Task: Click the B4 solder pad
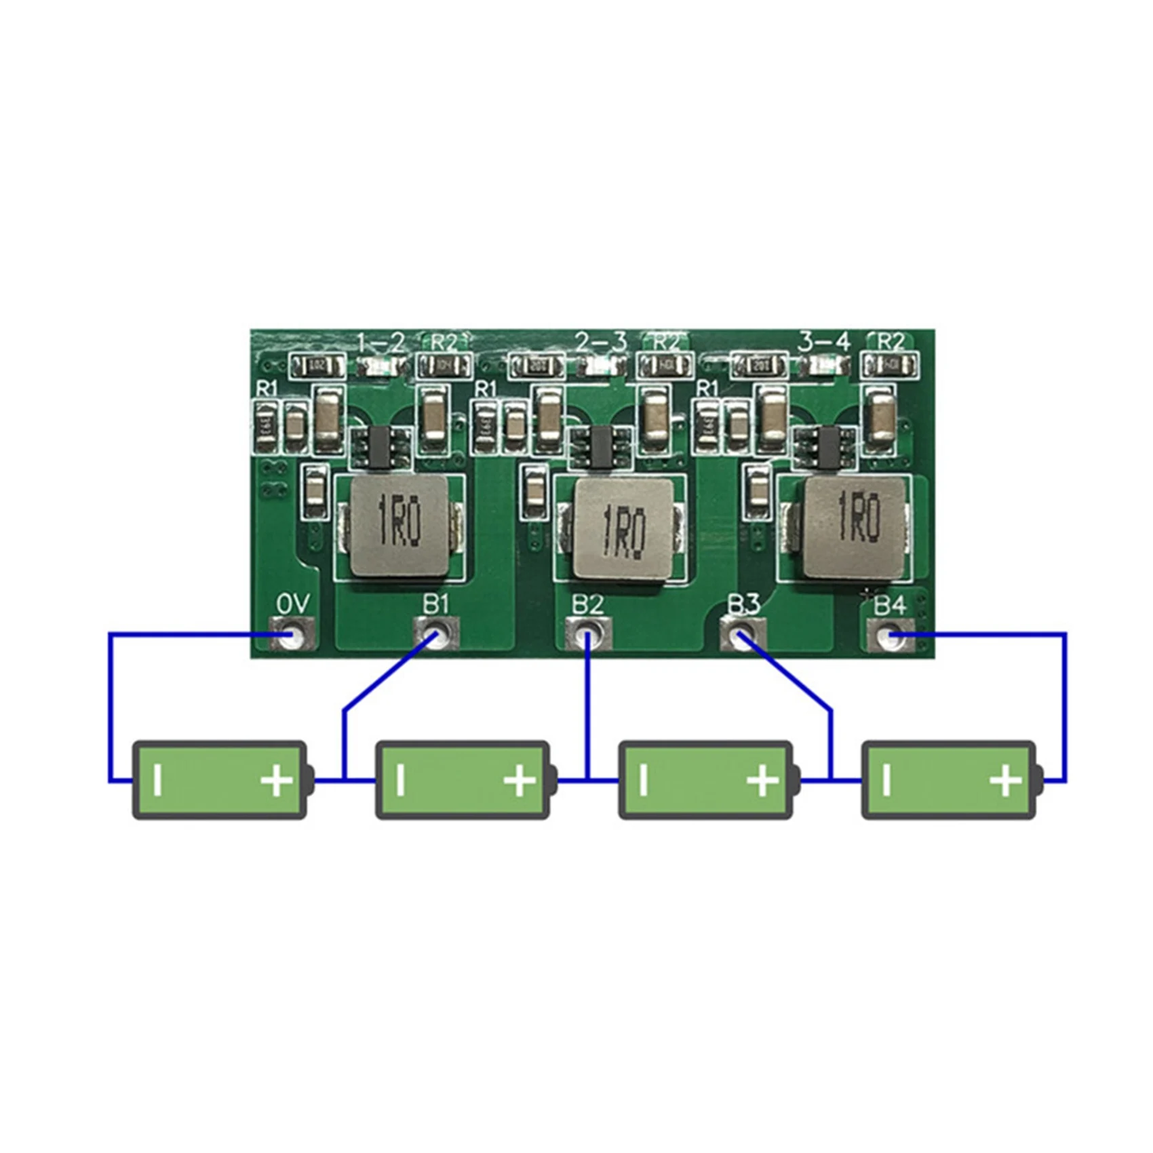(x=890, y=636)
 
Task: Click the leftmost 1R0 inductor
(x=400, y=526)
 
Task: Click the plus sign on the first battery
(x=277, y=780)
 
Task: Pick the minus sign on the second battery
(x=401, y=780)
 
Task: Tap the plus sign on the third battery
(x=763, y=780)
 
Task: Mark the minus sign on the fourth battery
(x=887, y=780)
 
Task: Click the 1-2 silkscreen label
(x=380, y=343)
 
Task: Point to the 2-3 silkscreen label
(x=600, y=343)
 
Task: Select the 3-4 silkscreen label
(x=823, y=342)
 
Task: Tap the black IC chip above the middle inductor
(x=600, y=448)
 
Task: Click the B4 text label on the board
(x=889, y=606)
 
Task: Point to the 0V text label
(x=293, y=604)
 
